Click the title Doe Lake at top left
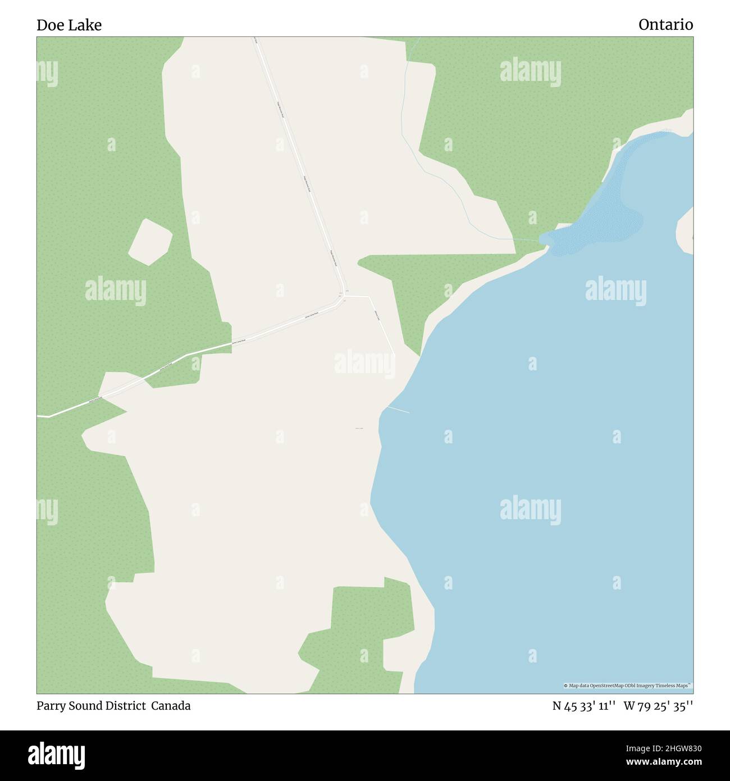(x=69, y=25)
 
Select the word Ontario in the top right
(x=665, y=25)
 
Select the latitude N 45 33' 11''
(x=584, y=706)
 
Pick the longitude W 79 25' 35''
(x=658, y=706)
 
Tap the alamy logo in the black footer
(x=57, y=755)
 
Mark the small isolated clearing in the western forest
(x=150, y=242)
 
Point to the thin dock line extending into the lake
(x=398, y=410)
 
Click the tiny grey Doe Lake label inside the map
(x=359, y=429)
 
